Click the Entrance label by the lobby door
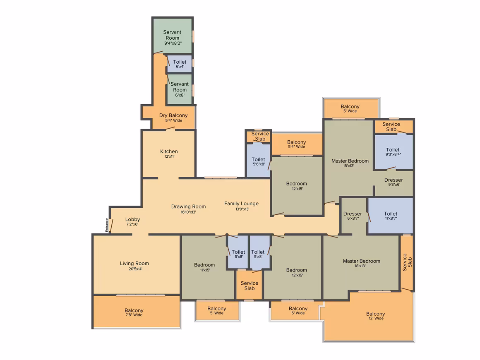(107, 225)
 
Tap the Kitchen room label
(169, 151)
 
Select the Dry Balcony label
(173, 115)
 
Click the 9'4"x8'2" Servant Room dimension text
(173, 43)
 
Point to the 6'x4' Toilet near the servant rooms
(180, 64)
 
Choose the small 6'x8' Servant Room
(180, 89)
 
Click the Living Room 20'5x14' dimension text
(135, 269)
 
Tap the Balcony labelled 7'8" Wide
(134, 312)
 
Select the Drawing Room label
(188, 206)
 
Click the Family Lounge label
(241, 204)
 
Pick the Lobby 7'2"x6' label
(132, 221)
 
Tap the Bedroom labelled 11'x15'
(204, 267)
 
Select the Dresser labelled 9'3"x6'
(394, 182)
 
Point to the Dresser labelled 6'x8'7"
(353, 216)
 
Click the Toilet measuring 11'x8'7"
(391, 216)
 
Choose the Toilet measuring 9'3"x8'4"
(393, 151)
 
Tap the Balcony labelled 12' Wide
(376, 316)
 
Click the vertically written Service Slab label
(407, 262)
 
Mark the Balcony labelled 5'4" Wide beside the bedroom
(296, 144)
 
